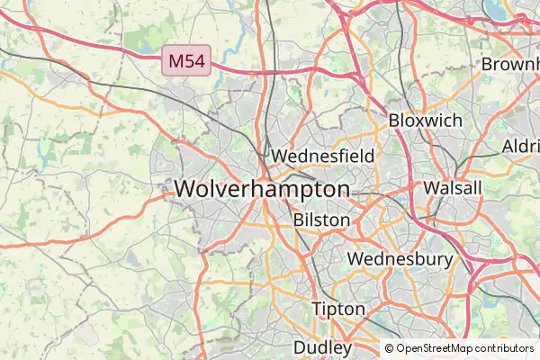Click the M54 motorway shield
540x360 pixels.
point(187,61)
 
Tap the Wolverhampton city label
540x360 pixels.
point(262,189)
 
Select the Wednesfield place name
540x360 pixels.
point(322,156)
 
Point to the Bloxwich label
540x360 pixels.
point(425,120)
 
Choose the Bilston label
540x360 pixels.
point(321,220)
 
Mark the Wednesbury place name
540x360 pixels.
point(400,259)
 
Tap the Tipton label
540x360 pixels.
point(338,309)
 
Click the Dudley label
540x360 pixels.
point(322,346)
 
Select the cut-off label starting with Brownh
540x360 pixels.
point(510,65)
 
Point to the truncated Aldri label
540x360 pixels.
point(520,146)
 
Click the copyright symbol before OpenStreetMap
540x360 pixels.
point(390,348)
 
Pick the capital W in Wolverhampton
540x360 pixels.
point(186,189)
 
